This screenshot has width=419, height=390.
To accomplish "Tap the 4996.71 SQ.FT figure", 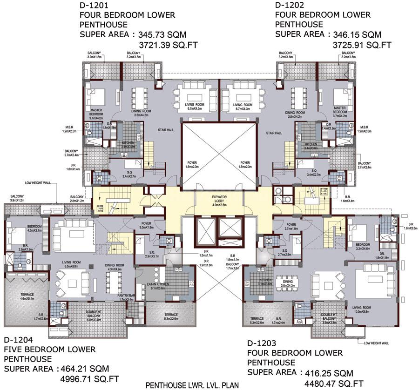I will click(89, 379).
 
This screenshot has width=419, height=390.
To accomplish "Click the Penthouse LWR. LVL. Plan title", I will click(192, 385).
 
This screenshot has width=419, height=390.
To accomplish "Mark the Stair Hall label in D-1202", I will click(274, 133).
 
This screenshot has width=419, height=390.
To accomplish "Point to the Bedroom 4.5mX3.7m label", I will click(22, 228).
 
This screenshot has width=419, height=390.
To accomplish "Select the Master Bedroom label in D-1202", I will click(340, 110).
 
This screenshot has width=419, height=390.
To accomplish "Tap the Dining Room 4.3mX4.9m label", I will click(114, 267).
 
